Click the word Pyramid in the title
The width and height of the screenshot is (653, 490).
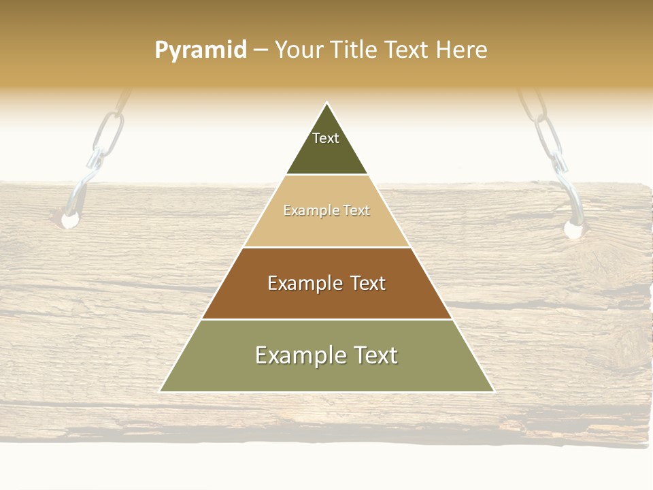201,50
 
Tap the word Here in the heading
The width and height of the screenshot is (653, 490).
461,50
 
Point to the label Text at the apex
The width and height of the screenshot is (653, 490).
326,138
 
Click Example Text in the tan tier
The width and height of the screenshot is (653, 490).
326,211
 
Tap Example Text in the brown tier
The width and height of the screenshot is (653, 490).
326,283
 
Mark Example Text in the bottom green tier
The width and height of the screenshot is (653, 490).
326,355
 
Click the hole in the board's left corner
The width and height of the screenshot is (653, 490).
69,220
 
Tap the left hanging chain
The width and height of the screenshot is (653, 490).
107,136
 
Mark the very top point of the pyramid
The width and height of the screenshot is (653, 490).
327,103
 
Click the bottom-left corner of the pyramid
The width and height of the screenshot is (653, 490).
161,391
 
